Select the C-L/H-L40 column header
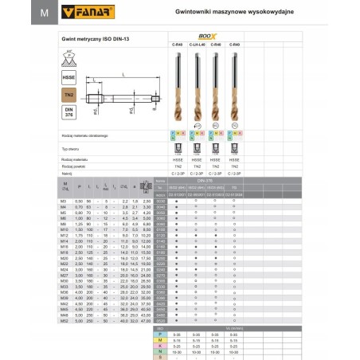pos(194,45)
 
